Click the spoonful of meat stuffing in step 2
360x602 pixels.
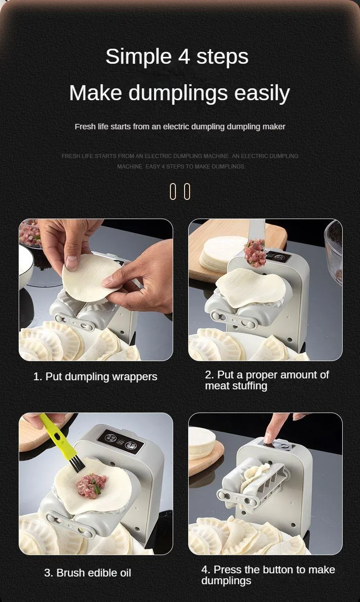255,253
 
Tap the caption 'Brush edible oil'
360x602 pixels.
94,573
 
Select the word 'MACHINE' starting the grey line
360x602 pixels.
129,167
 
